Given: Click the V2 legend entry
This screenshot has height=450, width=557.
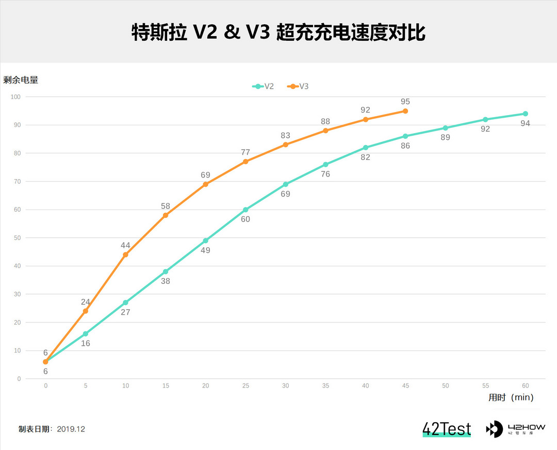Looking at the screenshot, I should pos(264,86).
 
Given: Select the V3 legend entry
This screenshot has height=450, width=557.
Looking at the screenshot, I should pos(299,86).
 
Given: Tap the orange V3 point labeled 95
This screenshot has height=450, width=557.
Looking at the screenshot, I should pos(405,111).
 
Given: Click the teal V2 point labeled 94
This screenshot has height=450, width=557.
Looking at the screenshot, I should pos(525,114).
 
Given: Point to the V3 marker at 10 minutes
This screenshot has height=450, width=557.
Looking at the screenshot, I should pos(125,254).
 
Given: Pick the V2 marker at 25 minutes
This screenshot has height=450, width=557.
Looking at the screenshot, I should pos(245,210).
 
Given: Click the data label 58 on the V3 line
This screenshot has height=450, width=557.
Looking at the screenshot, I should pos(166,206).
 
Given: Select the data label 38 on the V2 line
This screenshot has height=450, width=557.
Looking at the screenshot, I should pos(166,281).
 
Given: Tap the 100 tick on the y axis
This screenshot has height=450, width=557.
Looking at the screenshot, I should pos(15,97).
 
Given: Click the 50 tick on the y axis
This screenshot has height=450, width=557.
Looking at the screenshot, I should pos(17,238).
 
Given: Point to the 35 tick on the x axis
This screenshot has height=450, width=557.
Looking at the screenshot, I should pos(325,385).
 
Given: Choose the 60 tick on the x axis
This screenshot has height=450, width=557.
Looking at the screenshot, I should pos(525,385).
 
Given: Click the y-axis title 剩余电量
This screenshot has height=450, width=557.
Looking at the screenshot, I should pos(21,80).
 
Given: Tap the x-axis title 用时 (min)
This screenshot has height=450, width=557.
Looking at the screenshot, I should pos(511,397).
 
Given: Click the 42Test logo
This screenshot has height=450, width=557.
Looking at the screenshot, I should pos(447,429).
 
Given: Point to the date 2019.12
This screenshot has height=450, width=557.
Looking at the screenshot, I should pos(71,429).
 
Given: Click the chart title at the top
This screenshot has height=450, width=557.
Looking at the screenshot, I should pos(278,32).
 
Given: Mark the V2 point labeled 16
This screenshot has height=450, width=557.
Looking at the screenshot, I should pos(86,334).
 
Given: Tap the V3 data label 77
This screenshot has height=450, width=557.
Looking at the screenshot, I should pos(245,152).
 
